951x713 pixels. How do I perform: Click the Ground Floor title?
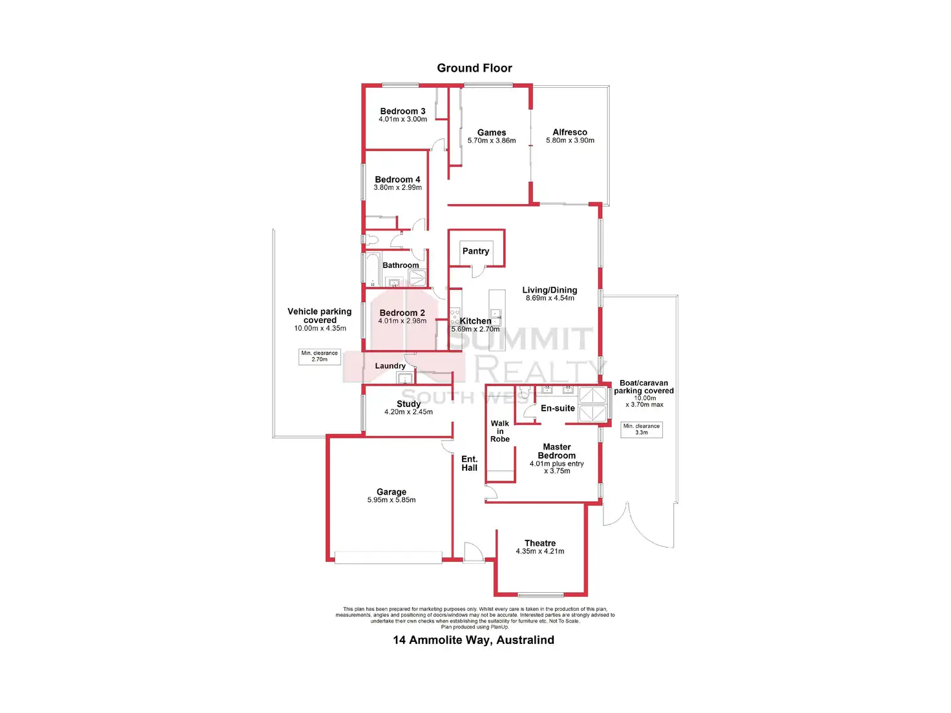point(474,68)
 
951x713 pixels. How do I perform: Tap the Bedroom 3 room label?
point(402,111)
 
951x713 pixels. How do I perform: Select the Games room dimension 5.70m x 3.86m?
point(492,141)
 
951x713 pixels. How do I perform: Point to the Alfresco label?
point(570,132)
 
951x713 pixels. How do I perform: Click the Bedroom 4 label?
point(397,180)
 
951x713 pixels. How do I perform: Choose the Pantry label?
point(475,251)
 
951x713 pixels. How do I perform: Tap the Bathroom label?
point(401,265)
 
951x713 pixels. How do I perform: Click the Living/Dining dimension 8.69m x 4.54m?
point(550,298)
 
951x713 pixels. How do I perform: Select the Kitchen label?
point(475,321)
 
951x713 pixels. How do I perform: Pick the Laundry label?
point(390,366)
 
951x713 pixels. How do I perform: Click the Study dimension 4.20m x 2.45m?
point(408,412)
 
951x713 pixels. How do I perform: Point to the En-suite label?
point(558,408)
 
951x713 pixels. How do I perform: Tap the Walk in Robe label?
point(500,431)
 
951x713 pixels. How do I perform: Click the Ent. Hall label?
point(470,464)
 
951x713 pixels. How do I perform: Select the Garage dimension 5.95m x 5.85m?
point(392,500)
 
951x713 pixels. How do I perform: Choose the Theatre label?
point(540,543)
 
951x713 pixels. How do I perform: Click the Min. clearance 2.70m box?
point(319,356)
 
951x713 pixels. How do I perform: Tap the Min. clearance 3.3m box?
point(642,429)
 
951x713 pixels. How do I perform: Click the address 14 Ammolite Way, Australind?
point(474,640)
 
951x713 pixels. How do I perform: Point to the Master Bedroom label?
point(557,451)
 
